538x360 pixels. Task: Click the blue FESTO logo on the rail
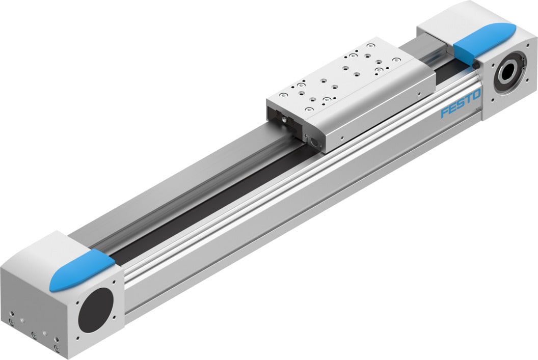[460, 104]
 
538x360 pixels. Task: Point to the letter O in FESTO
[476, 95]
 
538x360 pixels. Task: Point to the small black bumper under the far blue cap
[475, 66]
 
